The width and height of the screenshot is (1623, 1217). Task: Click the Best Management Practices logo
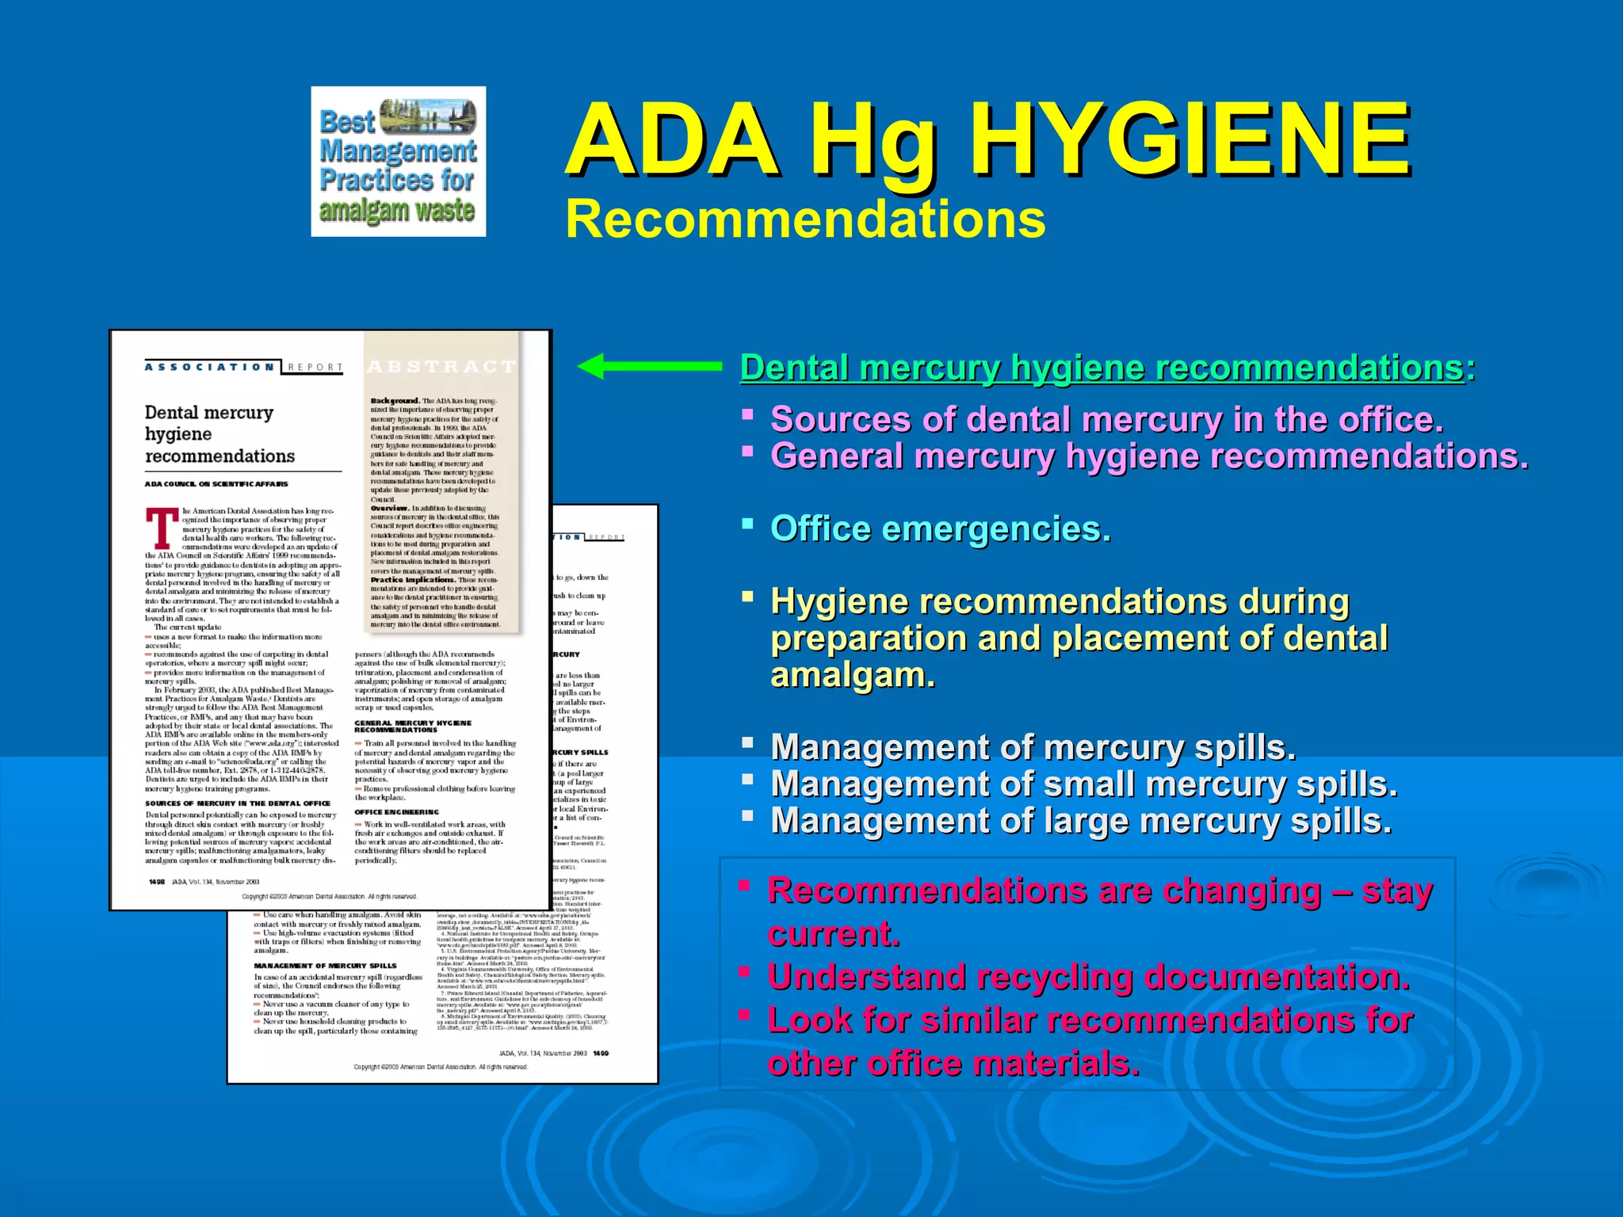pyautogui.click(x=398, y=162)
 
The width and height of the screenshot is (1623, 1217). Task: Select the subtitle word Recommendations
pyautogui.click(x=805, y=219)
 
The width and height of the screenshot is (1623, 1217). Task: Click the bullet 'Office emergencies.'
pyautogui.click(x=940, y=529)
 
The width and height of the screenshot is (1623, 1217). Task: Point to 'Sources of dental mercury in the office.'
pyautogui.click(x=1106, y=420)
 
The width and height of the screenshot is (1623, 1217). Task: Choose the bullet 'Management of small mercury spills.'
pyautogui.click(x=1083, y=784)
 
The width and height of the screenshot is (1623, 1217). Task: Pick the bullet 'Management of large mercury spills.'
pyautogui.click(x=1080, y=821)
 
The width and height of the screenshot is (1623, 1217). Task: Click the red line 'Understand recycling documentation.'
pyautogui.click(x=1088, y=977)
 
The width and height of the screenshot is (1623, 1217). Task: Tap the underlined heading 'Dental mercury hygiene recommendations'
pyautogui.click(x=1102, y=368)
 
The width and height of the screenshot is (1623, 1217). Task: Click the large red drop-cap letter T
pyautogui.click(x=162, y=528)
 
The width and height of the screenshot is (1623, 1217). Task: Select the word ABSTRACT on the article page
pyautogui.click(x=441, y=366)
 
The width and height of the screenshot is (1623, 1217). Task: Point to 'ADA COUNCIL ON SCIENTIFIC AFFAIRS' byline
pyautogui.click(x=216, y=483)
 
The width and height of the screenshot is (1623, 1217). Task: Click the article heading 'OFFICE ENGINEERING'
pyautogui.click(x=396, y=812)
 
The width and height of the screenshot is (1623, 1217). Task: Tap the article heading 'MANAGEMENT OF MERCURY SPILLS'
pyautogui.click(x=325, y=966)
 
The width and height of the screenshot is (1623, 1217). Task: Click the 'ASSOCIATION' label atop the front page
pyautogui.click(x=210, y=367)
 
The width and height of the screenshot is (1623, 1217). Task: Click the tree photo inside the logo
pyautogui.click(x=428, y=116)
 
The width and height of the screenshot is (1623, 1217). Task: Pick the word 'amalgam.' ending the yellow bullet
pyautogui.click(x=853, y=676)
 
